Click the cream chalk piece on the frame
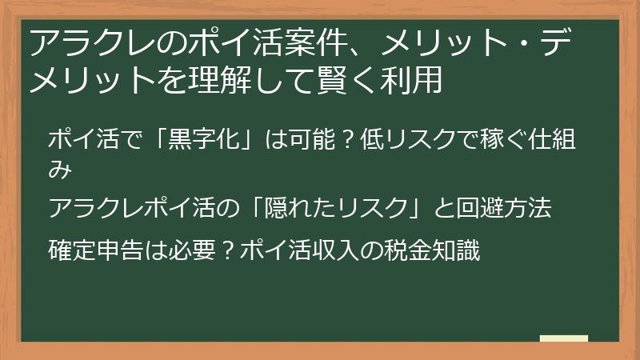pyautogui.click(x=564, y=338)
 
